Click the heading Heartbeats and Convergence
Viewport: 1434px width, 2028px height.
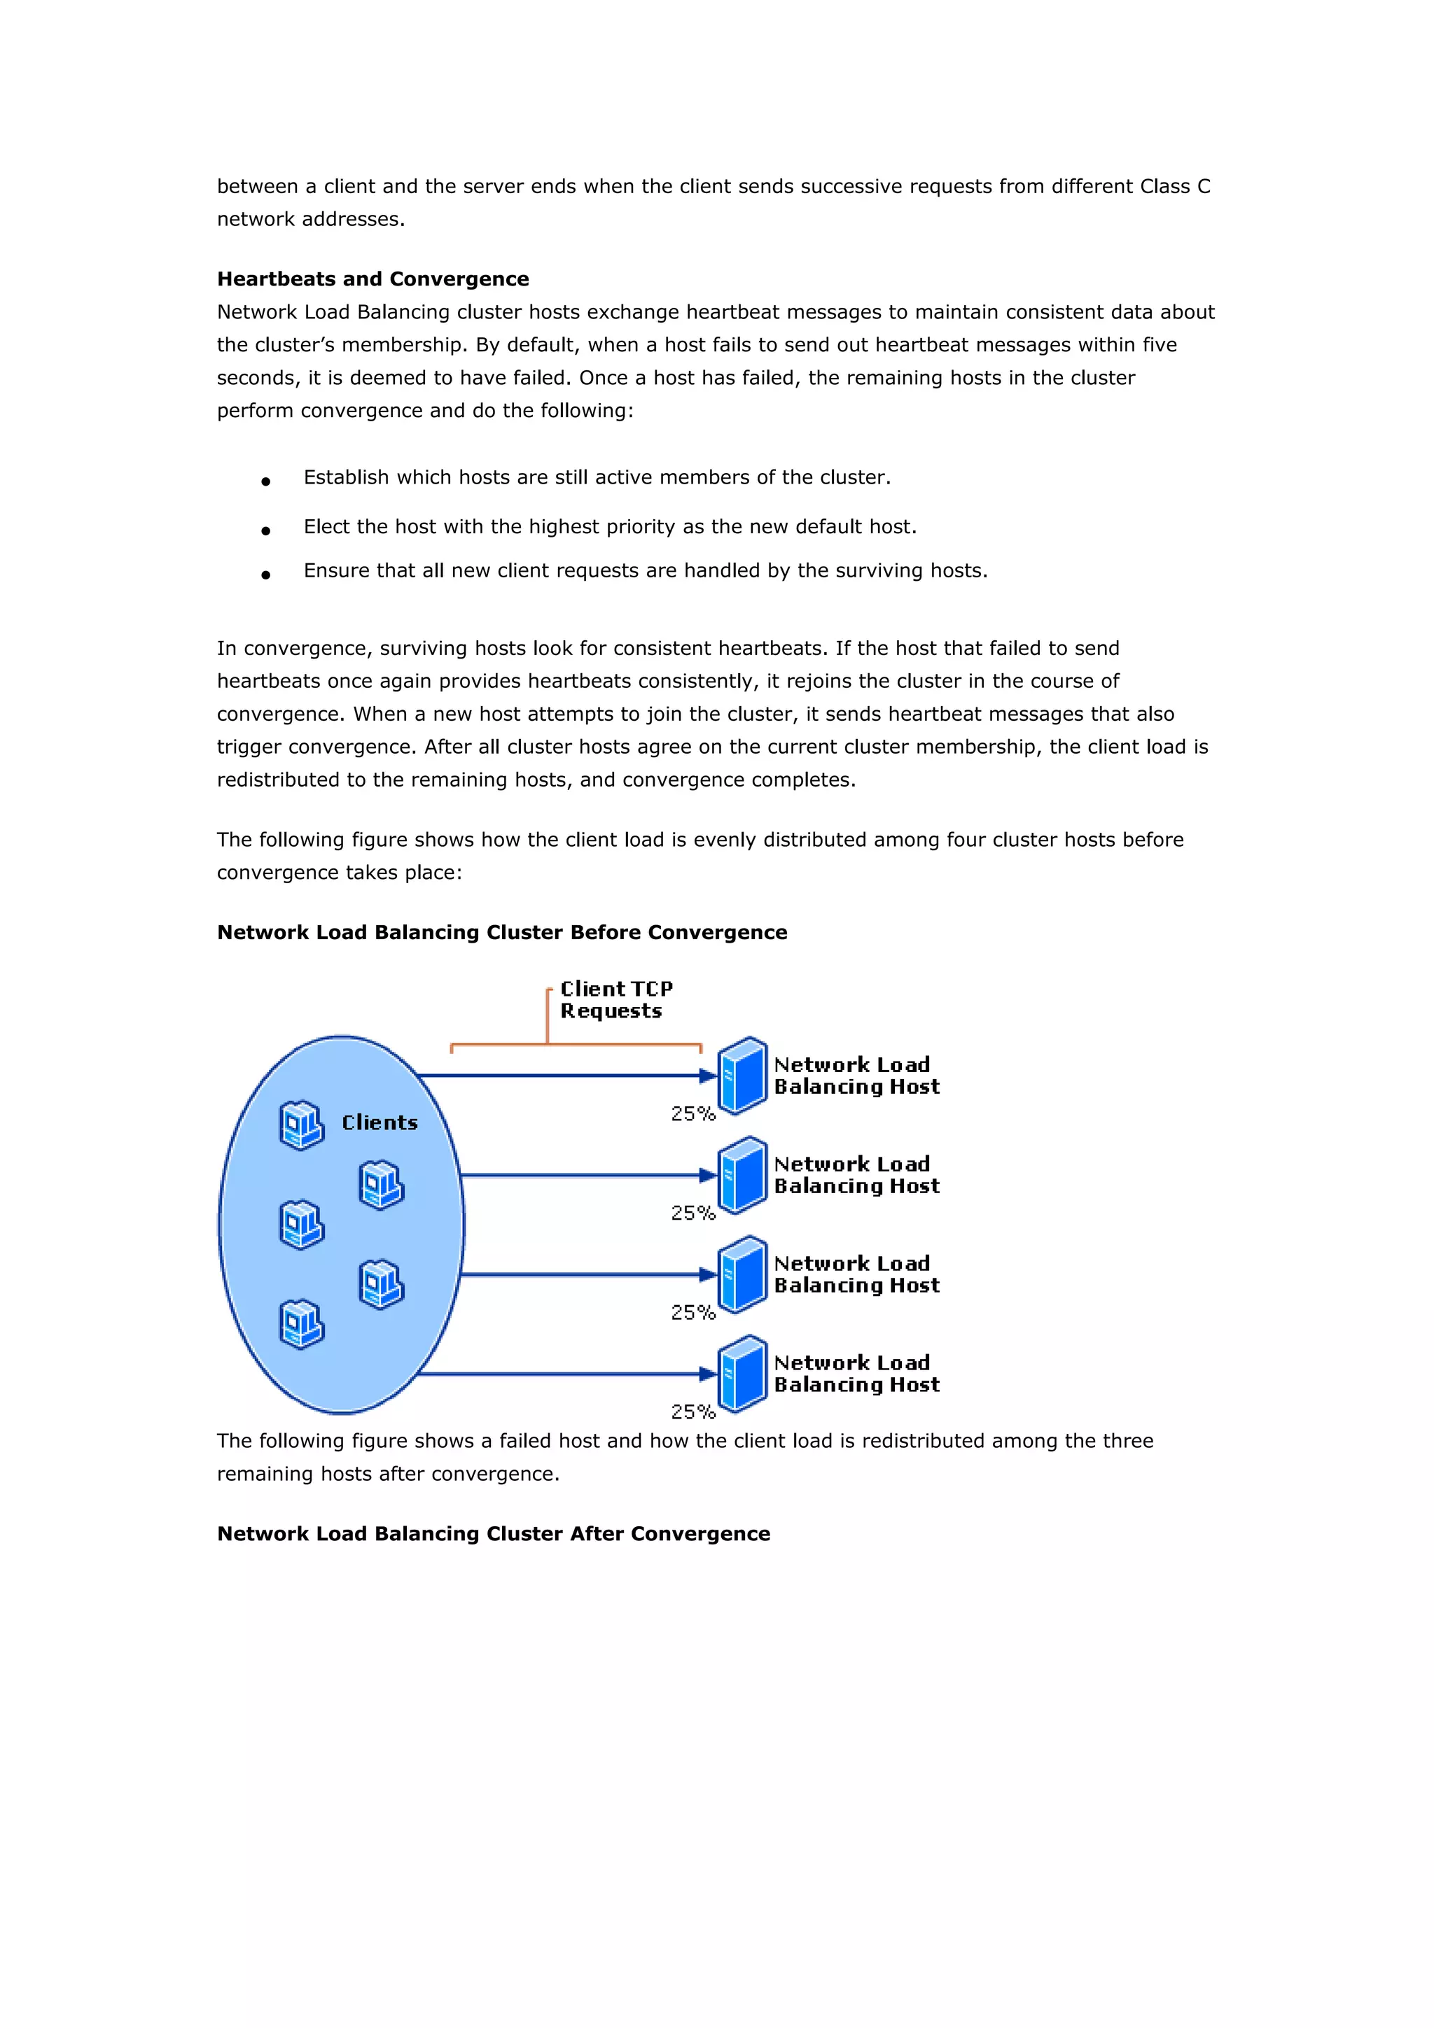coord(373,279)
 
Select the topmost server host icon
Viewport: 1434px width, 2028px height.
coord(742,1076)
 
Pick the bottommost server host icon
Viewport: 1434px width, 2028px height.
coord(742,1374)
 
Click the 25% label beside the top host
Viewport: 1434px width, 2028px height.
coord(692,1114)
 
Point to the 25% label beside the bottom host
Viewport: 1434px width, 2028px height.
coord(692,1412)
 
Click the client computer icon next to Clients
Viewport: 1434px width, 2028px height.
coord(301,1125)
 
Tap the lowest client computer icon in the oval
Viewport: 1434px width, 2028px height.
coord(301,1324)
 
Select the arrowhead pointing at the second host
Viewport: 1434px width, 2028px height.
coord(706,1176)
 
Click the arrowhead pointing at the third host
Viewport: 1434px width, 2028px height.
coord(706,1274)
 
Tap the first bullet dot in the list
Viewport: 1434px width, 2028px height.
coord(265,481)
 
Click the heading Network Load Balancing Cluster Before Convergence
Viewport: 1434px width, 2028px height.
coord(502,933)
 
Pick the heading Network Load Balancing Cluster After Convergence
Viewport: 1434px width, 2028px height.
coord(493,1533)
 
